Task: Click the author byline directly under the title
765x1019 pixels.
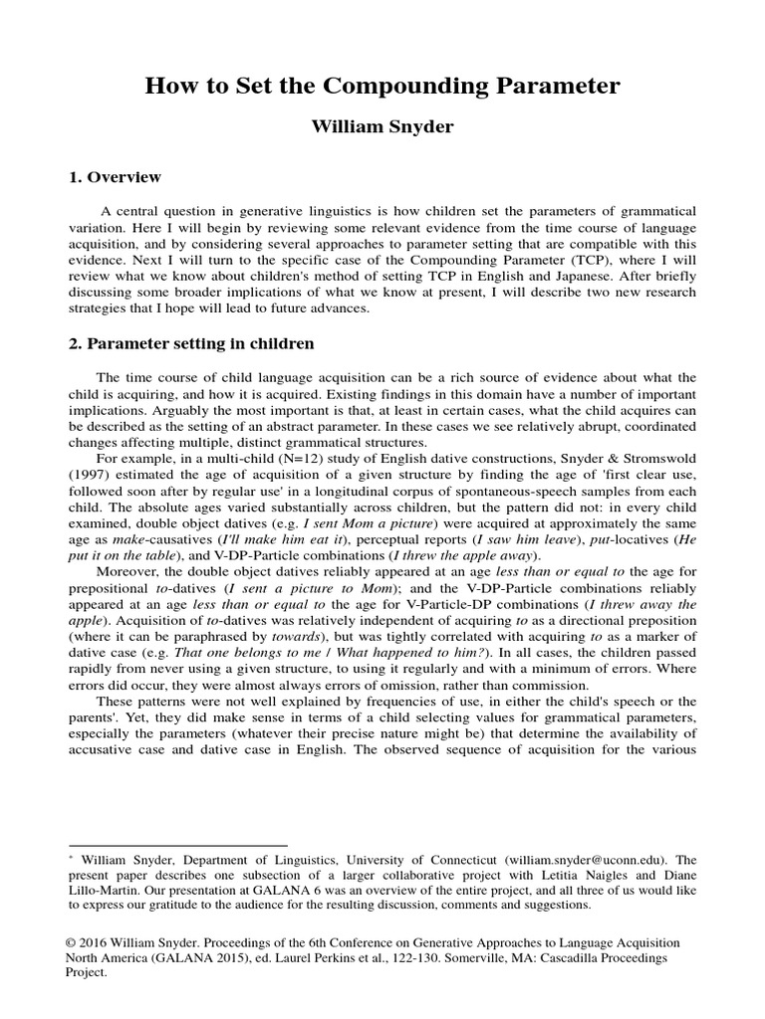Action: pos(382,128)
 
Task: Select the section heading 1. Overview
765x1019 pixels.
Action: pos(114,178)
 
